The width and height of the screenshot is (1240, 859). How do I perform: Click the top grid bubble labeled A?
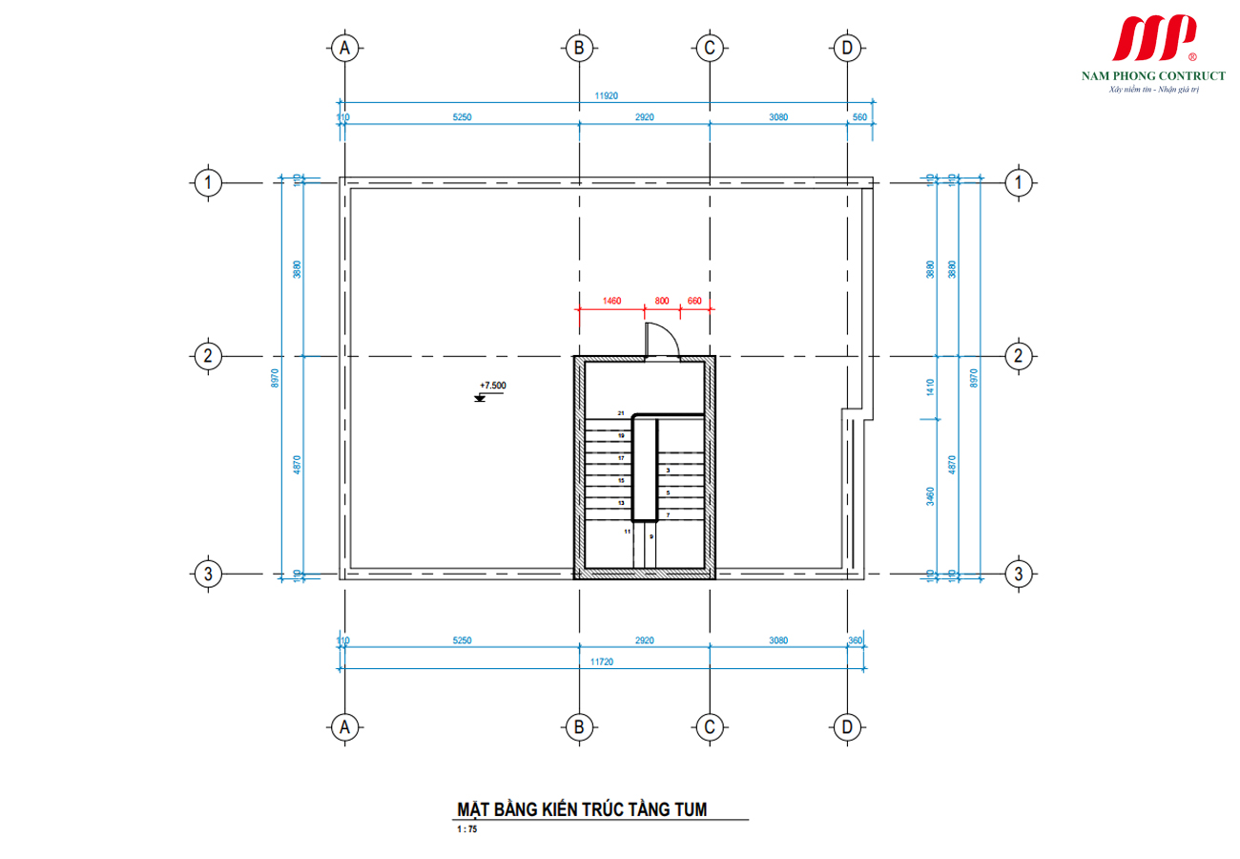[346, 48]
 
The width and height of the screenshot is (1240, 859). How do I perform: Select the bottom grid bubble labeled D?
[846, 727]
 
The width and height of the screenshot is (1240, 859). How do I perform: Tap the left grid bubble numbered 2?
[207, 357]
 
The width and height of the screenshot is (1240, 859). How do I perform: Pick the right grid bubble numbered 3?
[1019, 574]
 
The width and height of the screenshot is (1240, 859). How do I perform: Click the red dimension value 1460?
[611, 301]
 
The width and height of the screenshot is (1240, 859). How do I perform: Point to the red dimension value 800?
[662, 301]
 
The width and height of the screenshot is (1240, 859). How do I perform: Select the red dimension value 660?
[694, 301]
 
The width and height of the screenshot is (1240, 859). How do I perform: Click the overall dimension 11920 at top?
[607, 95]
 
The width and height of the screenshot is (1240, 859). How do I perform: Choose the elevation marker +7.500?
[492, 387]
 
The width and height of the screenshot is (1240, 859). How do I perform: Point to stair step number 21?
[620, 412]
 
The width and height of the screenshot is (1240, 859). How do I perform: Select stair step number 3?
[668, 471]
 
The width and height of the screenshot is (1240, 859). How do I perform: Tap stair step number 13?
[620, 502]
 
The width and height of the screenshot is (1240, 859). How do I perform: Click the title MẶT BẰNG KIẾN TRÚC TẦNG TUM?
[582, 809]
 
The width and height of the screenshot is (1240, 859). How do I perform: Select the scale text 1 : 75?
[466, 830]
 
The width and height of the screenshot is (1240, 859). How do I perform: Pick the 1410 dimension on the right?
[930, 387]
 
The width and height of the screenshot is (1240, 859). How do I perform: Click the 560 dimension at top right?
[859, 117]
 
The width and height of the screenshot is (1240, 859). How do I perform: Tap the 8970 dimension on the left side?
[276, 378]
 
